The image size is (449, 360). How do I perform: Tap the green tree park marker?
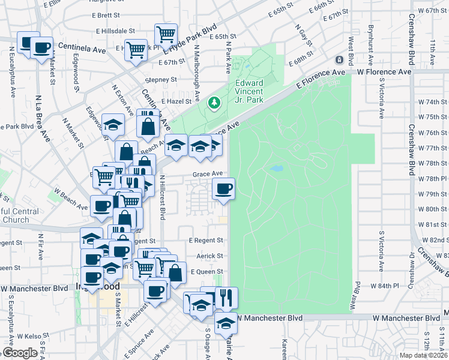[214, 103]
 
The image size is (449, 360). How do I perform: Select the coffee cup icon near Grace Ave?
[224, 190]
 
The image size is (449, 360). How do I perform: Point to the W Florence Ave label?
[384, 71]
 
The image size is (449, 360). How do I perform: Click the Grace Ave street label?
[208, 174]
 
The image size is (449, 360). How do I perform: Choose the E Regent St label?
[205, 240]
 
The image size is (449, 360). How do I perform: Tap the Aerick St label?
[210, 256]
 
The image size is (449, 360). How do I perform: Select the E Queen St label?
[206, 272]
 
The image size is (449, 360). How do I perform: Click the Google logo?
[20, 353]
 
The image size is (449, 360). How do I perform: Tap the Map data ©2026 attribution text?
[423, 355]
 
